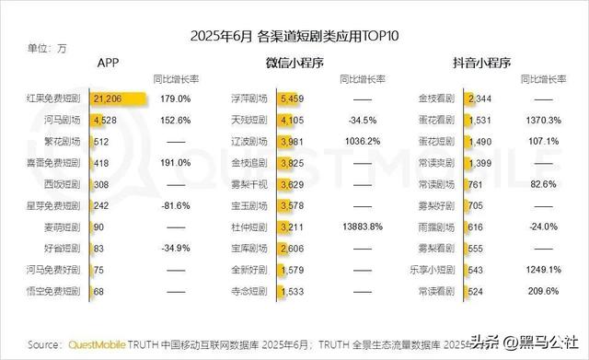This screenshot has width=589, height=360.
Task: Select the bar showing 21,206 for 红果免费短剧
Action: [x=121, y=98]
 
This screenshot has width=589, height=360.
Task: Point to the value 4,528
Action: [x=103, y=120]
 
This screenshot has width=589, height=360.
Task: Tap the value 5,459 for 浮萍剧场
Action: [x=291, y=98]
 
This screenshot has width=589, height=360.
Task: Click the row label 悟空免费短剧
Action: [x=61, y=291]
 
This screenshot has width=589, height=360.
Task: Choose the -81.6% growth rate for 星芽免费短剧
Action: [x=175, y=204]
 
